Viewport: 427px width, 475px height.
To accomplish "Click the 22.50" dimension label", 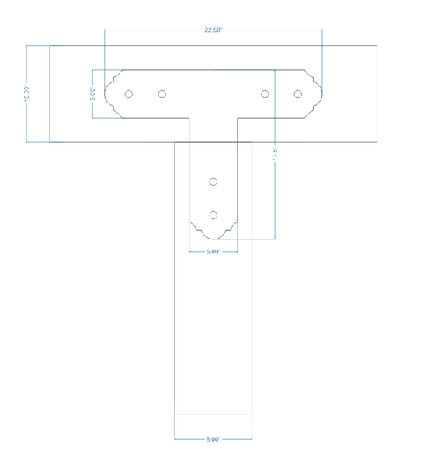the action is coord(213,30).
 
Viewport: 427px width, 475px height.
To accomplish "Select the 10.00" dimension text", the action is coord(27,93).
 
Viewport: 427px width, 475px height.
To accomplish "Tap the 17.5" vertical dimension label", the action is coord(275,154).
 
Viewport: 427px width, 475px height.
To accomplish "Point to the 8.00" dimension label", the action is coord(213,439).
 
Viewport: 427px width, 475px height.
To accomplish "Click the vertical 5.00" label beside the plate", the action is coord(93,94).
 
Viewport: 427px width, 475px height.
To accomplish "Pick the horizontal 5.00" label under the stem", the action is coord(213,252).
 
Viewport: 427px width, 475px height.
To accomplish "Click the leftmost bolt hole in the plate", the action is coord(129,94).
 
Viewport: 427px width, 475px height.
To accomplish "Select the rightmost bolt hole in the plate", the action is coord(298,94).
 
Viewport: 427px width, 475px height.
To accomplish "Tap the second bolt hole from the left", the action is coord(162,94).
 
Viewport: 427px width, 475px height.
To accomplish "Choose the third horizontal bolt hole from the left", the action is coord(265,94).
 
